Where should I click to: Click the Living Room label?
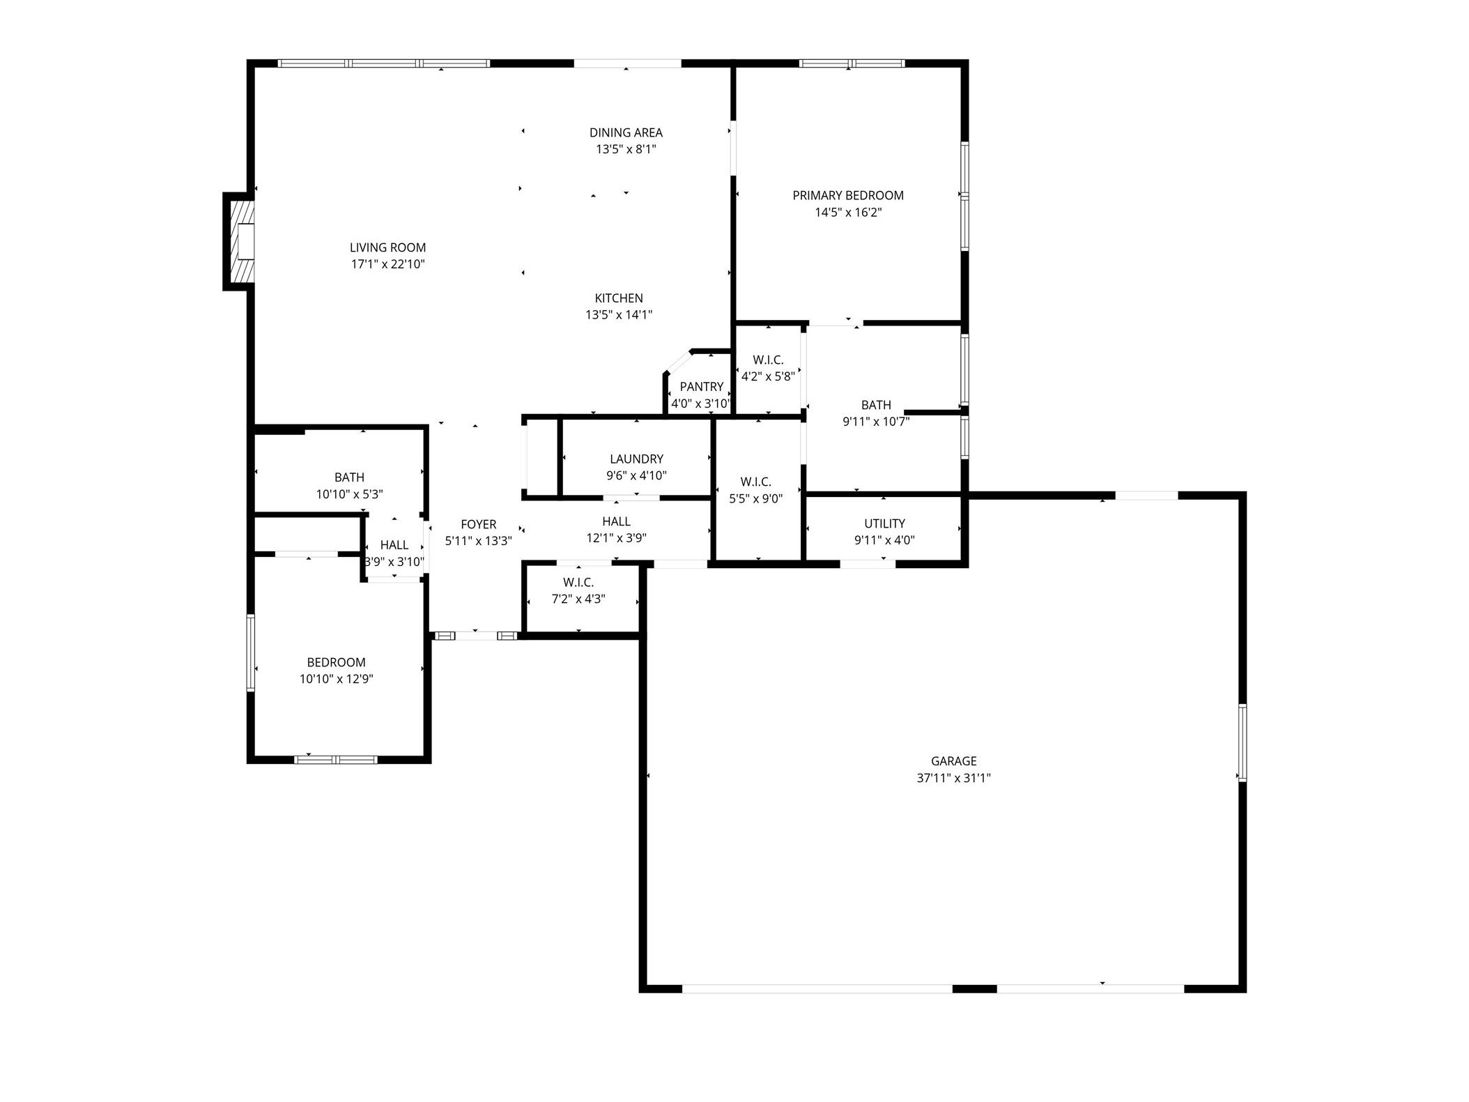[387, 247]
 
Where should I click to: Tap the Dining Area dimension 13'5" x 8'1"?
[626, 149]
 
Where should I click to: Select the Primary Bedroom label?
[848, 196]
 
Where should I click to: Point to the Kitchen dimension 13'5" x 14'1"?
[619, 315]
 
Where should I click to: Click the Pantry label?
[702, 387]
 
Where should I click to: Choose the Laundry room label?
[636, 459]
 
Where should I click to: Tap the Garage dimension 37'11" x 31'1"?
[953, 779]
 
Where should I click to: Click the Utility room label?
[884, 523]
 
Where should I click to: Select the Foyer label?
[478, 525]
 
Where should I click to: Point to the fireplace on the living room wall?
[239, 241]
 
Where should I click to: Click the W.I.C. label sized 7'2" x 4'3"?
[578, 583]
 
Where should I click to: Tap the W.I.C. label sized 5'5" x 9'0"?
[755, 482]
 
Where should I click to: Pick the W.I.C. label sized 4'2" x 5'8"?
[768, 360]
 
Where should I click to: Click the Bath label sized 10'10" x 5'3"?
[349, 477]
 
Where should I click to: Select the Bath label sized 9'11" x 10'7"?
[876, 405]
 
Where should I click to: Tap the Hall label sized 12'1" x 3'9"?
[616, 521]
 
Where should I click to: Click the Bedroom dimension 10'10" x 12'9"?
[337, 680]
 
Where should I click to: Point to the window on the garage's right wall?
[1242, 743]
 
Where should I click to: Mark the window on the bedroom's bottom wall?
[335, 759]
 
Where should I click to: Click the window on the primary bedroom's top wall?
[852, 63]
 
